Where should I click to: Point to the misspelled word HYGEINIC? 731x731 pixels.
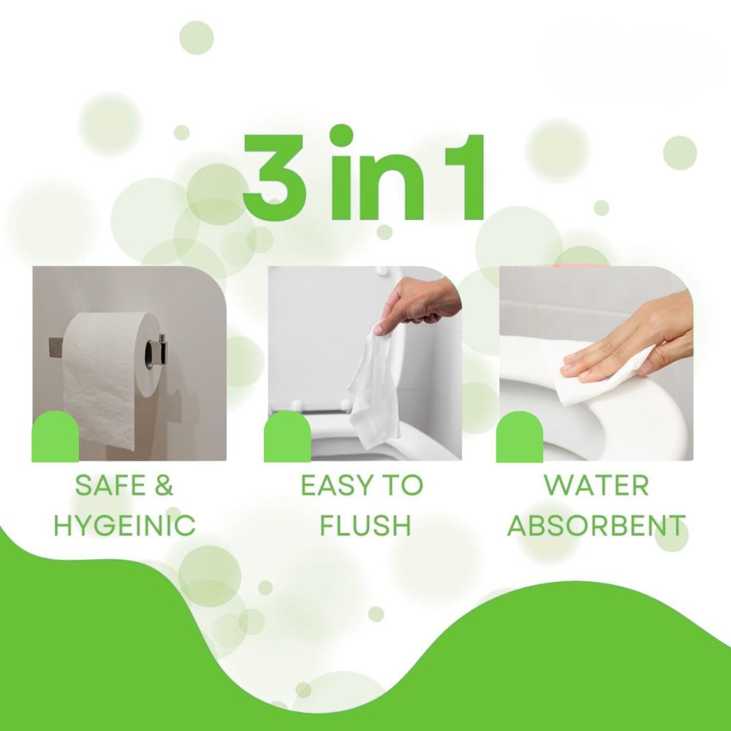point(124,525)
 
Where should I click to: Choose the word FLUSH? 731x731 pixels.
point(365,525)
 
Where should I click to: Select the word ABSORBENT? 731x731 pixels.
point(596,525)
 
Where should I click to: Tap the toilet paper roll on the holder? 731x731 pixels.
point(111,379)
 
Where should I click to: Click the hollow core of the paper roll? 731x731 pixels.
point(151,355)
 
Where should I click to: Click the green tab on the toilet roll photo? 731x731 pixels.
point(55,436)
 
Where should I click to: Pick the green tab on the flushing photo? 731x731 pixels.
point(287,436)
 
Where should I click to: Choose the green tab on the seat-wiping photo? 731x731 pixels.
point(519,436)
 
